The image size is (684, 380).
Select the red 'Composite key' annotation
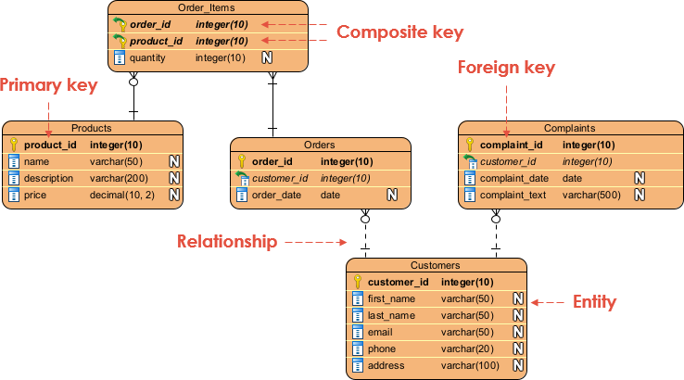pos(399,32)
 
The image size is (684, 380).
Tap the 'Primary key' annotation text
pos(48,85)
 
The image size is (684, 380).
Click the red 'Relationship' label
pos(227,242)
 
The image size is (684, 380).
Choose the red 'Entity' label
pos(594,301)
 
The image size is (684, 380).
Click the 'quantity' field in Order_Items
pos(147,57)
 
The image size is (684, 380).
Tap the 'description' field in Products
pos(48,178)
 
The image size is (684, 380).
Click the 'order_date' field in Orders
pos(276,195)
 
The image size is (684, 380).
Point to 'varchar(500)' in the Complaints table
pos(590,195)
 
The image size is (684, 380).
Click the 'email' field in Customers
pos(381,332)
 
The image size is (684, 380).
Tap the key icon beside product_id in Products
pos(13,145)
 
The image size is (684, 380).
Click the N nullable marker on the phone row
pos(518,348)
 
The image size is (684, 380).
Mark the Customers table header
pos(437,265)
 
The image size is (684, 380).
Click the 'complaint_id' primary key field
pos(511,145)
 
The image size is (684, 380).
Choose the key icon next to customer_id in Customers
pos(357,282)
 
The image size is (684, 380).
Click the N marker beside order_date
pos(392,195)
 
